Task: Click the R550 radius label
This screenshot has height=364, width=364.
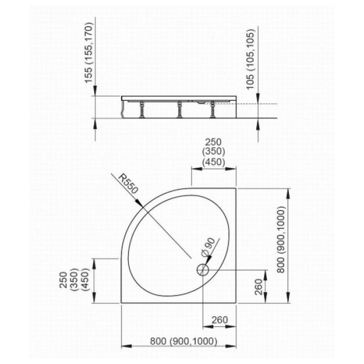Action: [128, 184]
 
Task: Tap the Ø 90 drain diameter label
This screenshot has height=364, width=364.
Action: [209, 247]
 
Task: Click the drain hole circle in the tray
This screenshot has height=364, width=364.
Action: [203, 270]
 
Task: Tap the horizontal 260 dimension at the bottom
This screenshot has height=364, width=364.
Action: [219, 320]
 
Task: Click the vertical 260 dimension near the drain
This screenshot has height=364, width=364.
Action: [258, 287]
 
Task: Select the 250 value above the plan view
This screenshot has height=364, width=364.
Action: [214, 142]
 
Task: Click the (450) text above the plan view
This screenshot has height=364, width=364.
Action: [214, 162]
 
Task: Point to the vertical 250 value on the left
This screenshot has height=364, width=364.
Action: [63, 280]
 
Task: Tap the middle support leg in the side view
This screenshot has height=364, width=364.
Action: [179, 110]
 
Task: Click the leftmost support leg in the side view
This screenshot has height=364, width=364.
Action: [141, 110]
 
